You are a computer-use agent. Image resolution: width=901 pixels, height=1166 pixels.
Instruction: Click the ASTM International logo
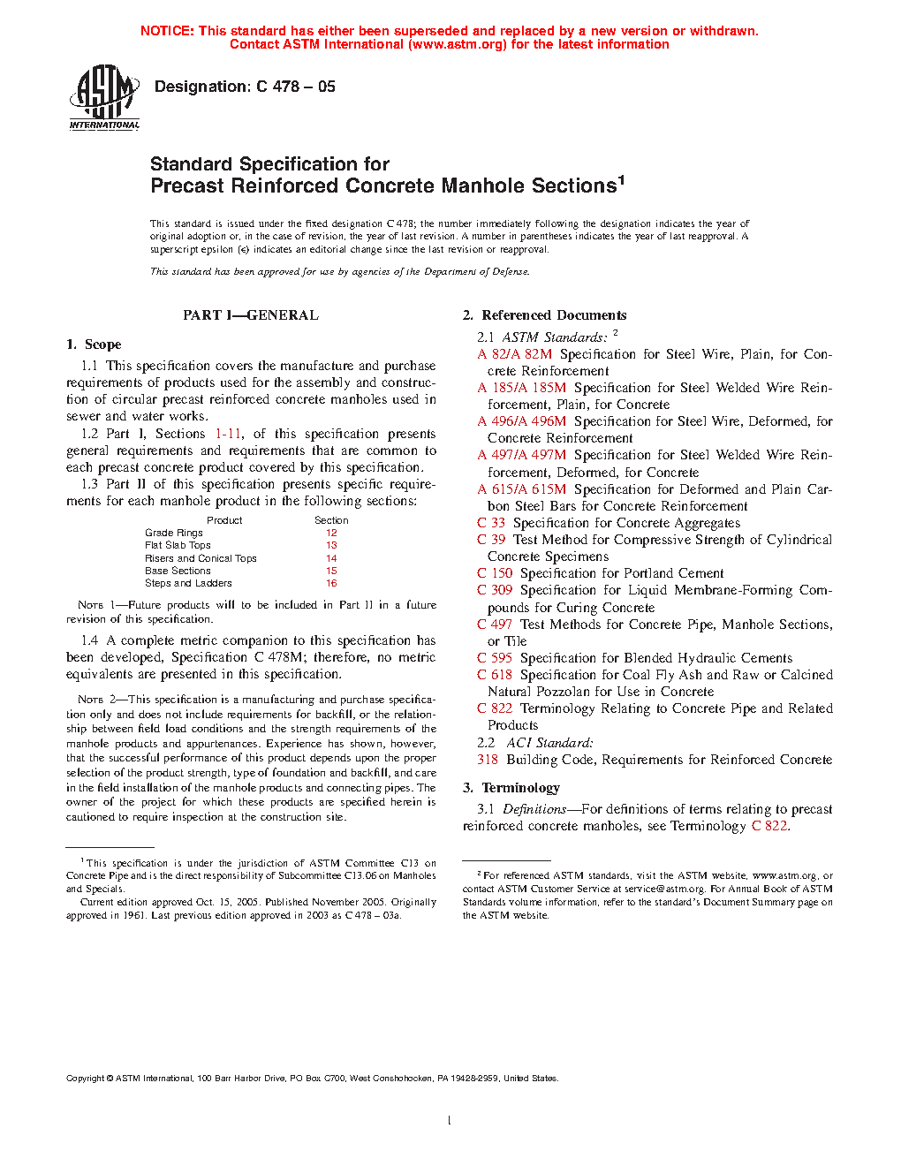point(104,98)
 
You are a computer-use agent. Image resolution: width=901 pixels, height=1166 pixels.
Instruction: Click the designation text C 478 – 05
point(245,87)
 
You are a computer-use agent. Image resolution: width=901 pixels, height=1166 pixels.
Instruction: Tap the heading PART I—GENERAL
point(251,315)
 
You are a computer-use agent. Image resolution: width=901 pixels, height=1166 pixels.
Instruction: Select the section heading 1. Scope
point(94,344)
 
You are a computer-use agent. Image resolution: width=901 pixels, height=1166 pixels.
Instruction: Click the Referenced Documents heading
point(545,315)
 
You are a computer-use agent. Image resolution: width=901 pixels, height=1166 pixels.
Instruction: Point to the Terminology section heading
point(511,788)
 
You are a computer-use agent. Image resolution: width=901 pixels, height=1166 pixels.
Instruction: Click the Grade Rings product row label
point(174,533)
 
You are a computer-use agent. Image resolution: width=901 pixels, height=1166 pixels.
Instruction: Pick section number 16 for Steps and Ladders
point(331,583)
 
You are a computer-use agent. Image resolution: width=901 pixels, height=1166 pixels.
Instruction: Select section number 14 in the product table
point(331,558)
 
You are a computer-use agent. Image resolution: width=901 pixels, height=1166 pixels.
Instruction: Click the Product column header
point(224,520)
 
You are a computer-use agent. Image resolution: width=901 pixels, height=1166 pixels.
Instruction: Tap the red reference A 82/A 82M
point(515,354)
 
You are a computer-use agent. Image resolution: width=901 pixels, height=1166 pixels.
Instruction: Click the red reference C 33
point(491,523)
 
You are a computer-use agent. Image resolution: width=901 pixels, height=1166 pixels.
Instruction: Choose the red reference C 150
point(495,573)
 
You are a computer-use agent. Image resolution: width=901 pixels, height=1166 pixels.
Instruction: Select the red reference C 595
point(495,658)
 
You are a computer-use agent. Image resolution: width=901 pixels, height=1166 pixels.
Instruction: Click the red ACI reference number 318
point(488,760)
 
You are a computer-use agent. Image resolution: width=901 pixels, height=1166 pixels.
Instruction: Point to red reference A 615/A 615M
point(522,489)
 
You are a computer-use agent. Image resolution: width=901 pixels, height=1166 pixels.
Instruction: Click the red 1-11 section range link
point(228,434)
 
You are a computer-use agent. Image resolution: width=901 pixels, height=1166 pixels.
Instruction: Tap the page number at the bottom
point(450,1121)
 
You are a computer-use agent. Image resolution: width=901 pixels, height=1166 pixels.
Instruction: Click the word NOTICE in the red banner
point(167,31)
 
